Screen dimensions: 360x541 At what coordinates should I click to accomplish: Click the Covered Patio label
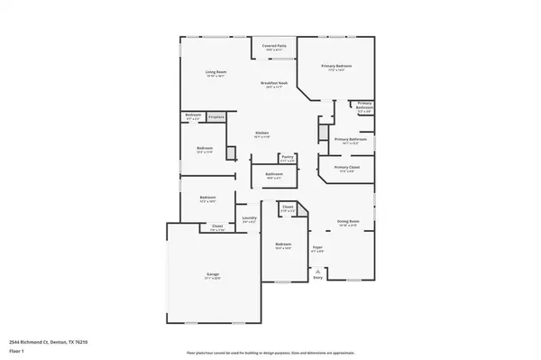pos(274,45)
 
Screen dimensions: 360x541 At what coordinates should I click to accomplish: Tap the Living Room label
pos(215,73)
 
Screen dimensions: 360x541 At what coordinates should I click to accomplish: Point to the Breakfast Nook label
pos(274,83)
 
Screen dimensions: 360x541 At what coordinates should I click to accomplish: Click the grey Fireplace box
pos(216,116)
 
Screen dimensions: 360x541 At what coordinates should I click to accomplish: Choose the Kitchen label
pos(261,134)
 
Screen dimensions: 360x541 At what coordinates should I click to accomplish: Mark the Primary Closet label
pos(347,168)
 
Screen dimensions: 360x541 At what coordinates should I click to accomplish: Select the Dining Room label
pos(348,221)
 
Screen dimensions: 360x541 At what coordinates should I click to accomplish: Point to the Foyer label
pos(317,246)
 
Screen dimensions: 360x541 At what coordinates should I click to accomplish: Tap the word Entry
pos(317,277)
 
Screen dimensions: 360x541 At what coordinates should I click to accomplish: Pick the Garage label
pos(212,274)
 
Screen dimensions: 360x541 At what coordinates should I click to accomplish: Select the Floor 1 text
pos(16,352)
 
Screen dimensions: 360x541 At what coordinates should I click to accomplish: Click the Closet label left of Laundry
pos(217,226)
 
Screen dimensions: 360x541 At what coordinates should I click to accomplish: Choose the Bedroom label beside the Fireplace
pos(193,115)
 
